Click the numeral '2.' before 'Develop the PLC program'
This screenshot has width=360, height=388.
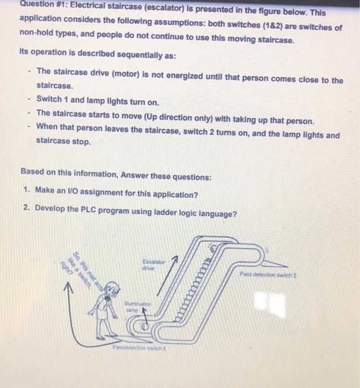point(26,208)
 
